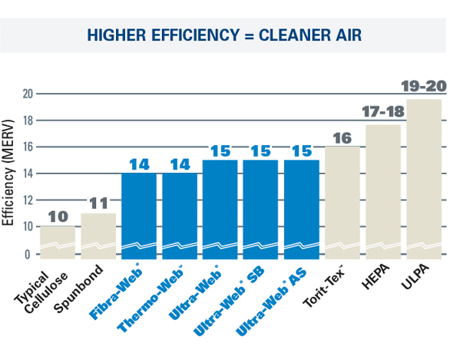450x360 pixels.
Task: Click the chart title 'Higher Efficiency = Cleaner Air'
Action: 225,35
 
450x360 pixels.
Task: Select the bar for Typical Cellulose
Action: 58,242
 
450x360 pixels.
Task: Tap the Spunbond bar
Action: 98,235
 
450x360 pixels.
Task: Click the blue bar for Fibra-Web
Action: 139,215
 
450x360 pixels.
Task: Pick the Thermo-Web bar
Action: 180,215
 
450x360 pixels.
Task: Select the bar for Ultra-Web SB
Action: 260,209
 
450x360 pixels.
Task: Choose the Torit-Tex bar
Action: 342,202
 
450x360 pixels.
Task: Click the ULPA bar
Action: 424,178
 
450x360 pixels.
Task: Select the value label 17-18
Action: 383,113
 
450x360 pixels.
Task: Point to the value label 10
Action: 58,216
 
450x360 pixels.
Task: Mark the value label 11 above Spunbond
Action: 98,203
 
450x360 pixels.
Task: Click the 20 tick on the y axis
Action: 28,94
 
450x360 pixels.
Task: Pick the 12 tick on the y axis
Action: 28,200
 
